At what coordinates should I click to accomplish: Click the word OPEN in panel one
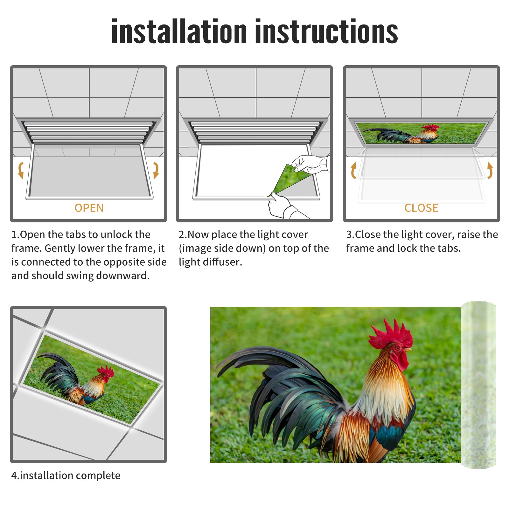89,208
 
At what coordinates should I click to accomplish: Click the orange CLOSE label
421,208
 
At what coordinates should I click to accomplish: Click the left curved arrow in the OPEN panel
21,170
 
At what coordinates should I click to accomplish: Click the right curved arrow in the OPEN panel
156,170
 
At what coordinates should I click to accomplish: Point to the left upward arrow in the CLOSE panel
353,170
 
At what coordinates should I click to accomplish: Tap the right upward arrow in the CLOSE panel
490,170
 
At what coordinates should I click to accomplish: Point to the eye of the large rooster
397,348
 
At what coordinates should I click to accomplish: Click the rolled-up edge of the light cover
479,385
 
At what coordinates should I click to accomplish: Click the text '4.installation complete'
66,476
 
